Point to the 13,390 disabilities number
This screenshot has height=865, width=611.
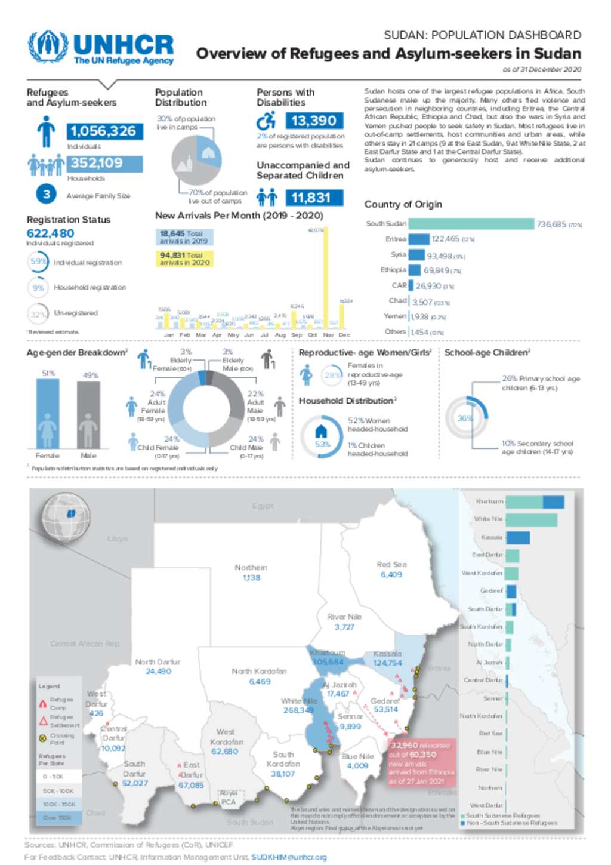(x=314, y=121)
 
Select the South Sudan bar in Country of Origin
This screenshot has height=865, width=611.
(x=471, y=224)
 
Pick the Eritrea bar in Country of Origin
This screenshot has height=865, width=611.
(x=419, y=239)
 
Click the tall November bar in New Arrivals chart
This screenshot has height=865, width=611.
(x=325, y=278)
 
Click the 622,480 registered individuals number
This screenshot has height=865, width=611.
(x=51, y=233)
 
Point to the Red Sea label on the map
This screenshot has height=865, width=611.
(x=391, y=564)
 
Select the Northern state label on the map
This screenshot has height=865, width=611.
(x=251, y=567)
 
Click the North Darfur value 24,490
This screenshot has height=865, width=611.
(x=158, y=672)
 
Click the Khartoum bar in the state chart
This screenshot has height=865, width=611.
(x=534, y=502)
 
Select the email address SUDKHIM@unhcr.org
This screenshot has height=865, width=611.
(x=289, y=857)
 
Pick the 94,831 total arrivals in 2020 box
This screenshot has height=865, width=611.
(x=184, y=258)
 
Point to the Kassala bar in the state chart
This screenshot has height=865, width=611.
(x=517, y=538)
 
